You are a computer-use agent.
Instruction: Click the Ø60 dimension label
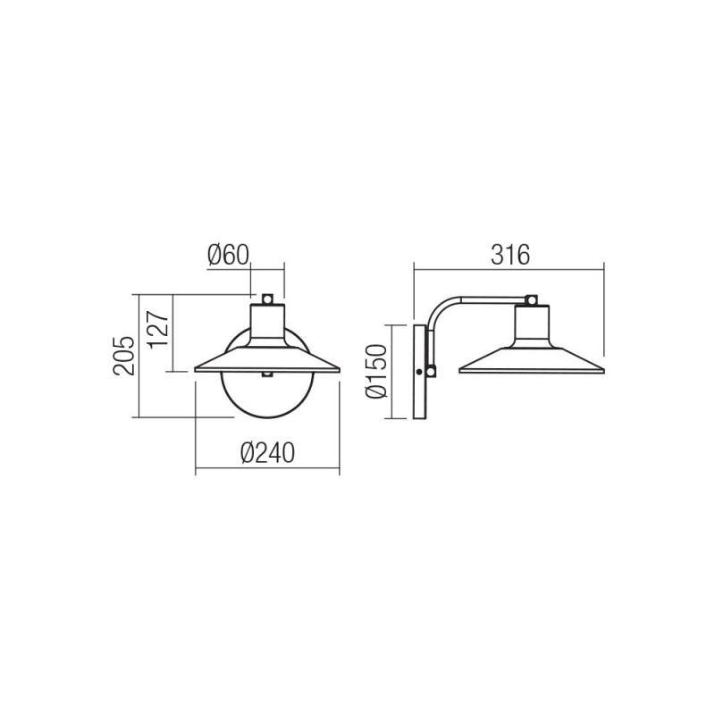[x=229, y=255]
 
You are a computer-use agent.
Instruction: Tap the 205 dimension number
[x=124, y=356]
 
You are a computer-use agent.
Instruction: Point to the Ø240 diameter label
[x=267, y=453]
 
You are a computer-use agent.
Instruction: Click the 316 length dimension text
[x=510, y=255]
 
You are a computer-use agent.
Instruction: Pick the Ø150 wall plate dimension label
[x=376, y=371]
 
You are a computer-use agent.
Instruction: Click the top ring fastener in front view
[x=267, y=299]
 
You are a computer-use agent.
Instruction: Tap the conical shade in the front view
[x=267, y=359]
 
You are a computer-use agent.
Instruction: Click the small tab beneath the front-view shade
[x=267, y=374]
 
